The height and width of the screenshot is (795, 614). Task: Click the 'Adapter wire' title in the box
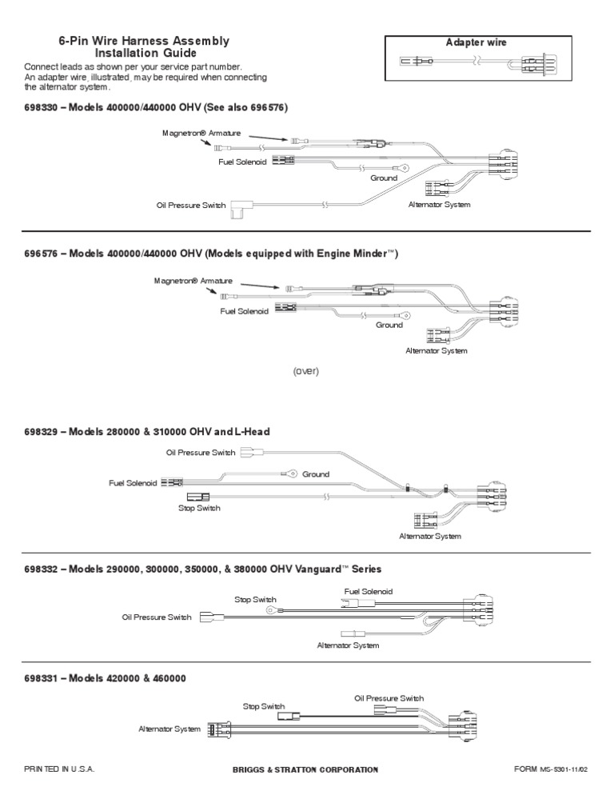[x=475, y=42]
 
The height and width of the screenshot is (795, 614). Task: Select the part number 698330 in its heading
[x=41, y=107]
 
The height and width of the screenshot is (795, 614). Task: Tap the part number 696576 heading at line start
[x=41, y=254]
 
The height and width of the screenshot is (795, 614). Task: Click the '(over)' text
[x=305, y=371]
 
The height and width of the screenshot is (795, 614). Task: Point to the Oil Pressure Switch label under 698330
[x=191, y=206]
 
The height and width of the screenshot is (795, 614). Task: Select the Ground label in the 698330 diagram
[x=384, y=178]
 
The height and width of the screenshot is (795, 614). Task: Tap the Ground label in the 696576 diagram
[x=389, y=326]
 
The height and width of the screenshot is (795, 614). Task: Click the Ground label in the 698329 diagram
[x=316, y=474]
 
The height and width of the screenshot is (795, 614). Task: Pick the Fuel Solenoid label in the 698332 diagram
[x=369, y=592]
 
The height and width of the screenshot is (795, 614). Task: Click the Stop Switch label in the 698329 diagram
[x=199, y=508]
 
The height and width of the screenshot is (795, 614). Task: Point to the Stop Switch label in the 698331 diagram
[x=264, y=706]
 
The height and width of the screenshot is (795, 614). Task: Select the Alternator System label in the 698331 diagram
[x=170, y=729]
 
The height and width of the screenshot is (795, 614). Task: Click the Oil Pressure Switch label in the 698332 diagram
[x=157, y=617]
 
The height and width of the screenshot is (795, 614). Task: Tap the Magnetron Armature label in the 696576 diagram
[x=193, y=282]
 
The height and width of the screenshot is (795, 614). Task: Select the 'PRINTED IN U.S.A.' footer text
[x=59, y=769]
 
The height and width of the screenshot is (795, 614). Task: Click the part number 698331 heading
[x=41, y=678]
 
